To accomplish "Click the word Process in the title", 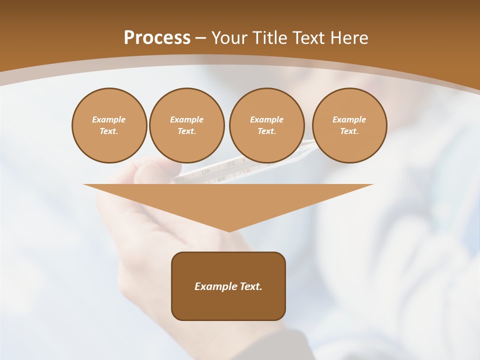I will click(x=157, y=38).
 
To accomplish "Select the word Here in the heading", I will click(x=349, y=38).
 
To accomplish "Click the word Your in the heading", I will click(x=230, y=38).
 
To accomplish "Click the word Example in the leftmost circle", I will click(x=109, y=119).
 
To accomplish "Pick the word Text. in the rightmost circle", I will click(x=349, y=131).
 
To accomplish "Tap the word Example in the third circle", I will click(x=266, y=119).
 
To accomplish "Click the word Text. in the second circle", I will click(x=186, y=131).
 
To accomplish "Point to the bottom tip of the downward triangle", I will click(x=229, y=230).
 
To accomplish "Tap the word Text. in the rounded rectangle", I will click(x=251, y=286).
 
